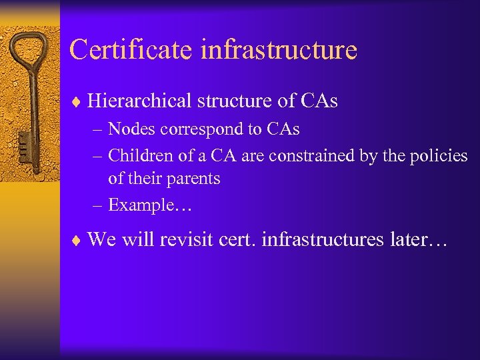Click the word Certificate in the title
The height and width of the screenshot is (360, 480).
click(123, 50)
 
